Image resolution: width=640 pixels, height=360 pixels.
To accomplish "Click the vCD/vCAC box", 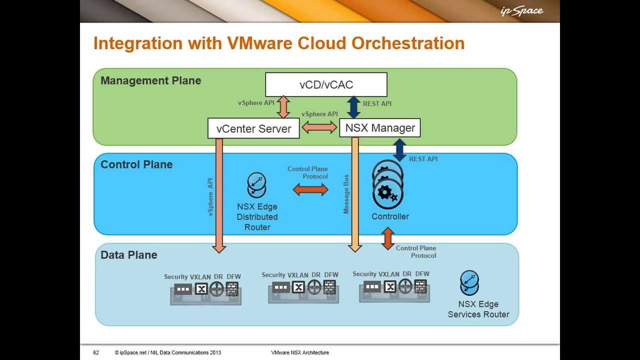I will [x=326, y=84].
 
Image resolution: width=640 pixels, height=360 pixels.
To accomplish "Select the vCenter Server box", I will [x=253, y=128].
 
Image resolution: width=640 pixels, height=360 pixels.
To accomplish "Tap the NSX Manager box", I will [x=380, y=128].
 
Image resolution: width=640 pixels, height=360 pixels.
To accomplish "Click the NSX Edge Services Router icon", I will [x=469, y=283].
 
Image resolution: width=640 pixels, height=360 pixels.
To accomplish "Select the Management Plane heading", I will [x=150, y=80].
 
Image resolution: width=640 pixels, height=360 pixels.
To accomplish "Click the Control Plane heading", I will [x=136, y=164].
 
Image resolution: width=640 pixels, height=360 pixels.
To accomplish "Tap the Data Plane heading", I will [x=129, y=255].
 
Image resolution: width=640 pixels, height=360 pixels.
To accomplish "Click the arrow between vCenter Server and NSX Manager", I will [x=319, y=127].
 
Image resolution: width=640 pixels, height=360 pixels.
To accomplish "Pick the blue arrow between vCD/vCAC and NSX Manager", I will [x=353, y=107].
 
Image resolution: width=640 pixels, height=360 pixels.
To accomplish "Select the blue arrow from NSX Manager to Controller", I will [x=399, y=149].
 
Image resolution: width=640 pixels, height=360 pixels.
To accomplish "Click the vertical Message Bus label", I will [x=346, y=194].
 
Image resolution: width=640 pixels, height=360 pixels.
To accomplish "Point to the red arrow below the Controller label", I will [x=387, y=238].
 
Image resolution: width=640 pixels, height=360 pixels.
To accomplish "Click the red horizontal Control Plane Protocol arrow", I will [x=310, y=189].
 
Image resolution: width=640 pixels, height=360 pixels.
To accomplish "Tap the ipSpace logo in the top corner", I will [x=521, y=11].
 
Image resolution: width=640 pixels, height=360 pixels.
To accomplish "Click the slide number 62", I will [x=96, y=352].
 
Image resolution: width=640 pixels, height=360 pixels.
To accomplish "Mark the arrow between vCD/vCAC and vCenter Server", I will [x=283, y=107].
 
